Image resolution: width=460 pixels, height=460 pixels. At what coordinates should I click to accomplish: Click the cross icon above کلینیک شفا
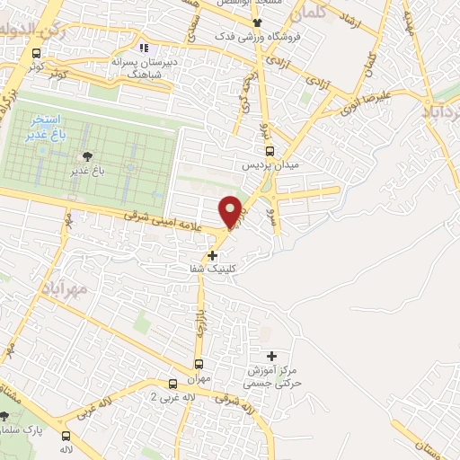click(213, 255)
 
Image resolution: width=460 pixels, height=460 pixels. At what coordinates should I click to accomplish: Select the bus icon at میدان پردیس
click(270, 152)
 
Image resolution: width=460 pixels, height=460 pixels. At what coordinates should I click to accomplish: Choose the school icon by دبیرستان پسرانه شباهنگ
click(143, 49)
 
